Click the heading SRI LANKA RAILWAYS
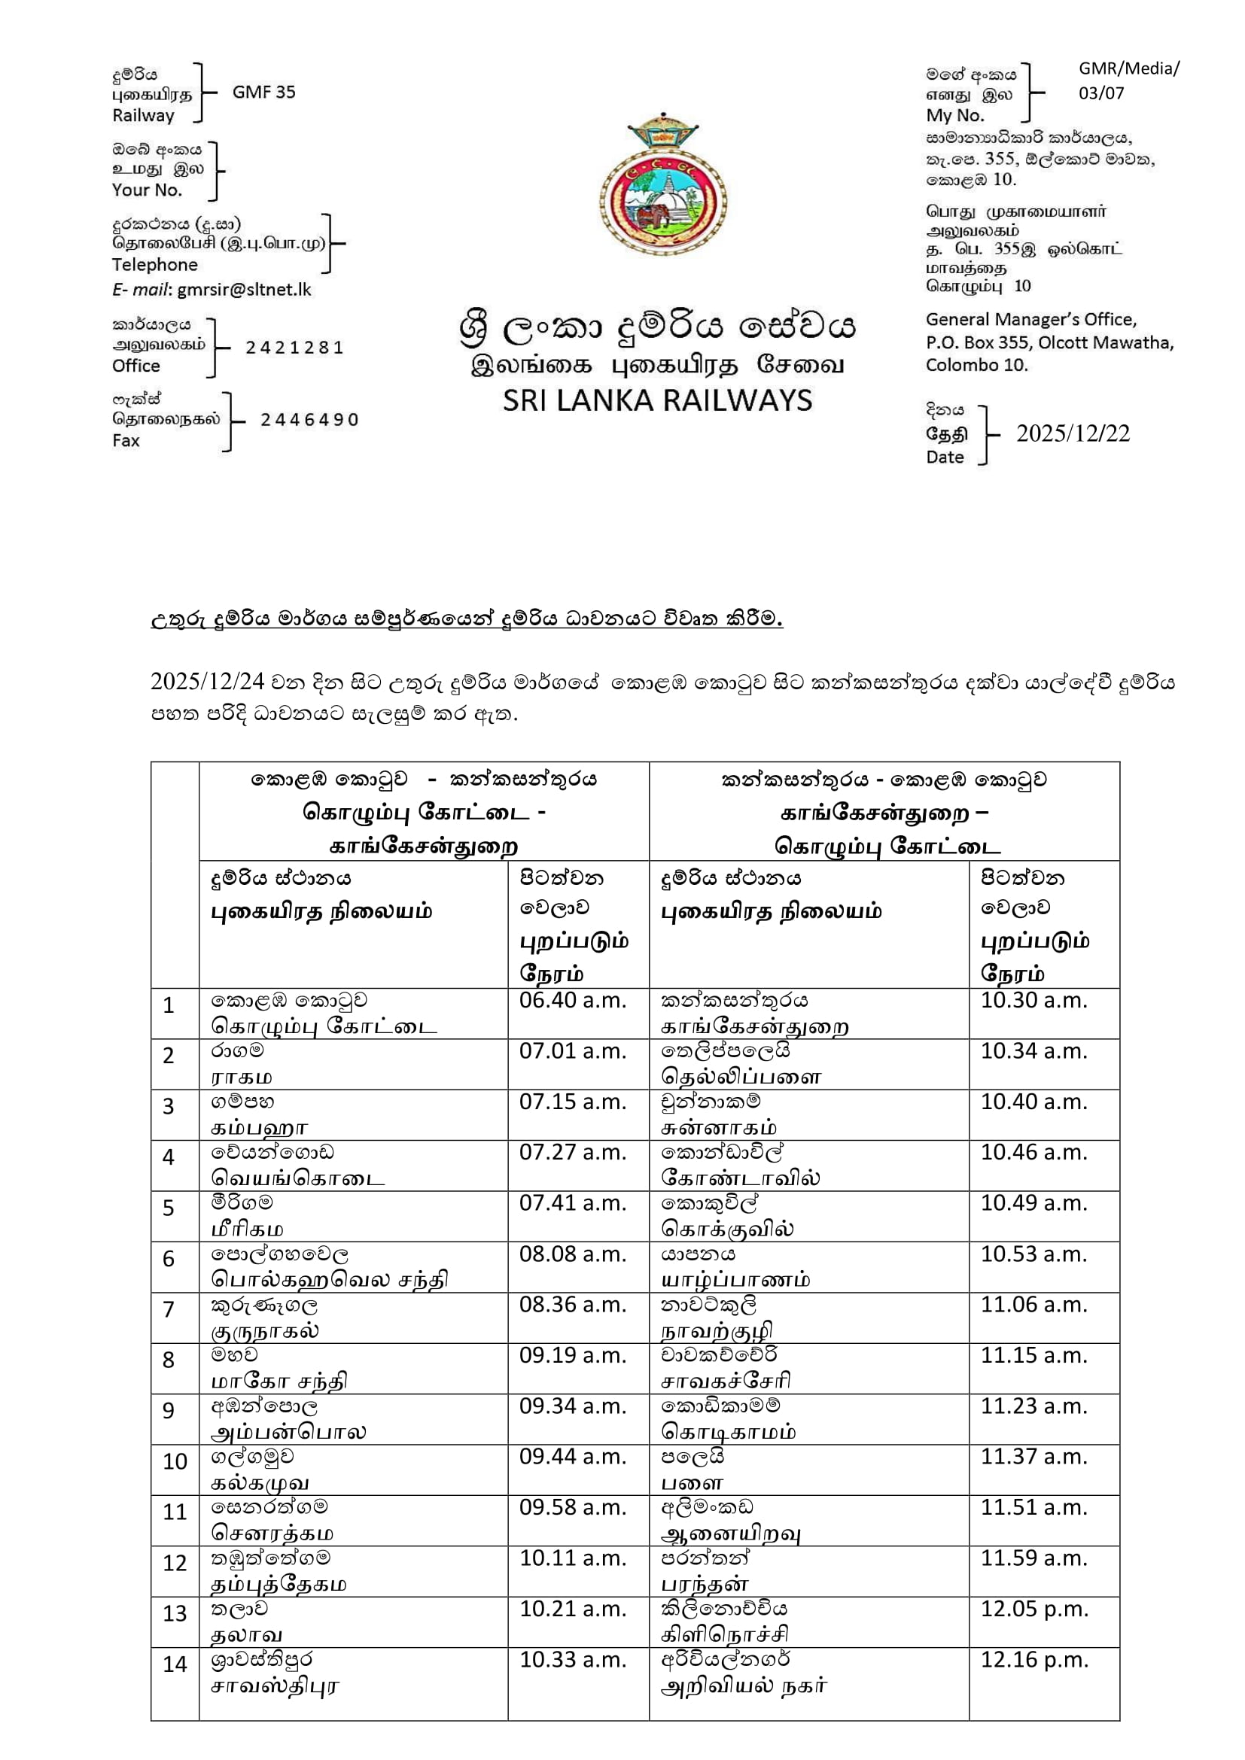(x=657, y=401)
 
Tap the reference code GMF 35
(x=263, y=92)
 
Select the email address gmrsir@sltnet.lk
(x=244, y=290)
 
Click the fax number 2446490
(x=309, y=420)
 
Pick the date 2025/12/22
(x=1073, y=434)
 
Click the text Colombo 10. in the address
(x=976, y=365)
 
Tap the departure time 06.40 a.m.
(x=573, y=1000)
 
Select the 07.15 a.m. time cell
(x=573, y=1102)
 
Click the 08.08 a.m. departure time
(x=573, y=1254)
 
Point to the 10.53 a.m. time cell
(x=1033, y=1254)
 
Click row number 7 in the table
(x=169, y=1309)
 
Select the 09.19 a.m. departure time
(x=573, y=1355)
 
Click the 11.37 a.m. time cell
(x=1033, y=1457)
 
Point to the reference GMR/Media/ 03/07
(x=1128, y=81)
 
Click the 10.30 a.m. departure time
(x=1033, y=1000)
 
